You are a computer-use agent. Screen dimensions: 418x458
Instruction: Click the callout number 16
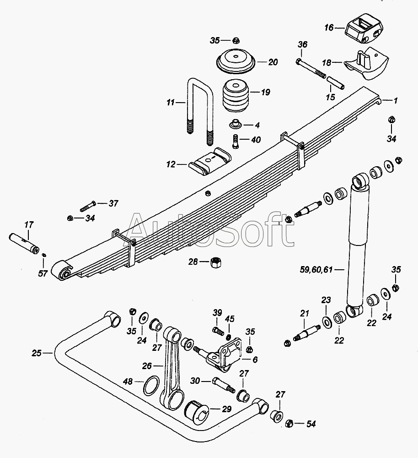click(x=329, y=28)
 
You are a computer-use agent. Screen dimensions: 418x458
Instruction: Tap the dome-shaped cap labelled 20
click(x=236, y=61)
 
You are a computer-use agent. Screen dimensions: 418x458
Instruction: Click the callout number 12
click(x=171, y=164)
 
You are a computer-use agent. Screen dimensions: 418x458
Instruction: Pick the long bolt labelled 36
click(x=311, y=69)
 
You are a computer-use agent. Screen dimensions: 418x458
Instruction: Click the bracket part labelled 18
click(x=367, y=63)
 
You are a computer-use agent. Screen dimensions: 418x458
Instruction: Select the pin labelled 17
click(x=24, y=243)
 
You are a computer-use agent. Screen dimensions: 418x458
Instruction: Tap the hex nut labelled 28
click(x=216, y=262)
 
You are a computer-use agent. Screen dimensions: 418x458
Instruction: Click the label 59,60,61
click(x=316, y=269)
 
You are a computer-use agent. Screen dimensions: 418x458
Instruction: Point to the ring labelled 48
click(x=152, y=385)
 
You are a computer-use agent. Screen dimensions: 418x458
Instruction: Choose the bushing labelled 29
click(x=196, y=412)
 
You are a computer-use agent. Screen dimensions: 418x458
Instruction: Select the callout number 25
click(x=37, y=353)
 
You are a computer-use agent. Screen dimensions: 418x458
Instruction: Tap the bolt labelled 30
click(x=224, y=385)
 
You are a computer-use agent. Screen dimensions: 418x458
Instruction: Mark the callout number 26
click(x=147, y=365)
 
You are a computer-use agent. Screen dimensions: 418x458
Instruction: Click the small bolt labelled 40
click(x=236, y=141)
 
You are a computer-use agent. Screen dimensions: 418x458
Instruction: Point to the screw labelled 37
click(x=88, y=206)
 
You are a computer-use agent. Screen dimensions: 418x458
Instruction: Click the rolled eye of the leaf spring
click(x=63, y=271)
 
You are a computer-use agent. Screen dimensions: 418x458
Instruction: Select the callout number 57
click(x=43, y=273)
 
